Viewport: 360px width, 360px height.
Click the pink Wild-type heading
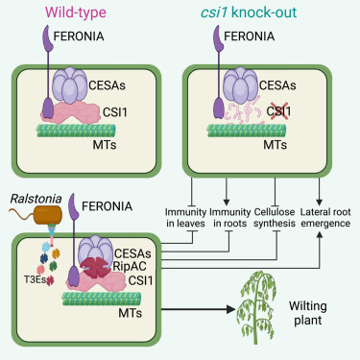click(76, 12)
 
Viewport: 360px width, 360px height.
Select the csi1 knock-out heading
click(249, 12)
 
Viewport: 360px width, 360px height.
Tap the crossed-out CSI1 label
click(278, 111)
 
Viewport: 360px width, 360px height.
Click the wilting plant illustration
click(256, 305)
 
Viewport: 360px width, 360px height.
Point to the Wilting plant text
click(308, 313)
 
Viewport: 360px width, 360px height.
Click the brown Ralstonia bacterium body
click(48, 214)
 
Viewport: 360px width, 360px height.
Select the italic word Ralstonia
click(36, 199)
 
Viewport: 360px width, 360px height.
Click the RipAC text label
click(130, 266)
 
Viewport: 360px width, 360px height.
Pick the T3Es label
click(35, 279)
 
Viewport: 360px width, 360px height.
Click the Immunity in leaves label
click(185, 218)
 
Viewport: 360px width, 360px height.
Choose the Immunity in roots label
click(229, 218)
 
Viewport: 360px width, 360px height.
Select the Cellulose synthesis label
click(275, 218)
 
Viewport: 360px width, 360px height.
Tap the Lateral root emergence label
click(325, 218)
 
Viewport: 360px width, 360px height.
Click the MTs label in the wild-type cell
click(105, 145)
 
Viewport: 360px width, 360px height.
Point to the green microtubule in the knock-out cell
click(247, 131)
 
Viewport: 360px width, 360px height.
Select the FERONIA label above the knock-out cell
click(250, 36)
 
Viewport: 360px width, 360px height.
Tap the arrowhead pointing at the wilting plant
click(231, 309)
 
